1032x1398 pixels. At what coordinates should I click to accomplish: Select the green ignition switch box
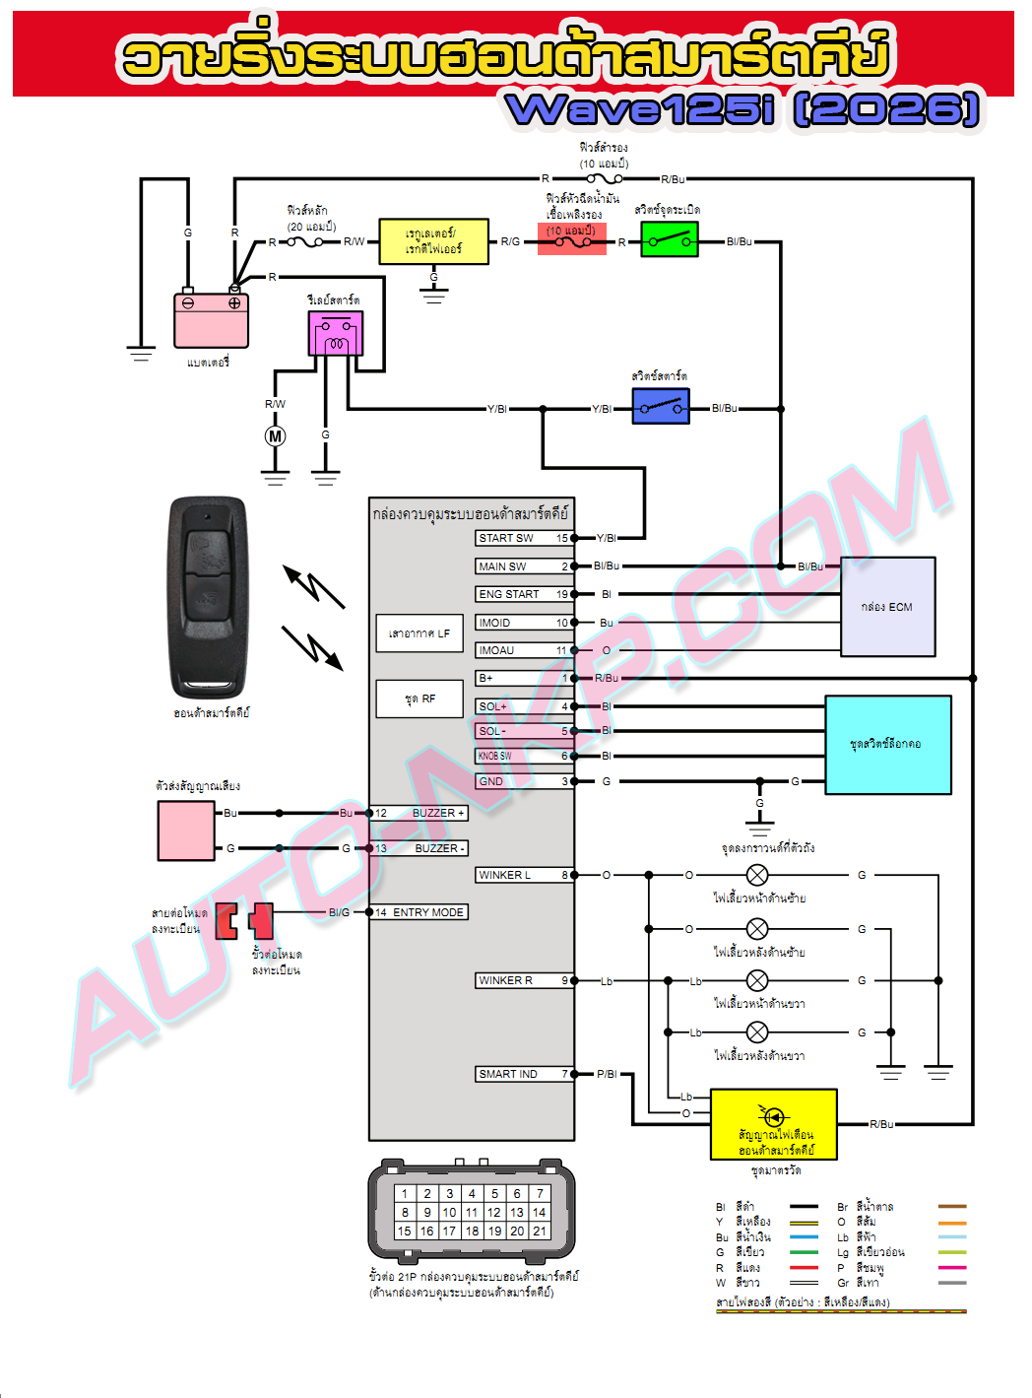point(669,239)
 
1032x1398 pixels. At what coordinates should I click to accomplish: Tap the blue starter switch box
point(660,406)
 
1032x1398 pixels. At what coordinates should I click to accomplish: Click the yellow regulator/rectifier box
point(433,241)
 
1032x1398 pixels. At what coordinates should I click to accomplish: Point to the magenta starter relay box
point(336,334)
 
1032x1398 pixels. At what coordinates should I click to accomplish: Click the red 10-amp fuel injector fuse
point(571,238)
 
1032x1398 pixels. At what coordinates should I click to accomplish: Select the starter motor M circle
point(276,436)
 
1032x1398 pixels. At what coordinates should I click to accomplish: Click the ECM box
point(887,607)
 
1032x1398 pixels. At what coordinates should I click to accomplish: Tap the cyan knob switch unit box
point(887,745)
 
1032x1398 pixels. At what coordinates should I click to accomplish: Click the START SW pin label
point(506,538)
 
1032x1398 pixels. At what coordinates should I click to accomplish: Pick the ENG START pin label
point(509,594)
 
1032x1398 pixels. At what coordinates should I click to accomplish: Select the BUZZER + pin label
point(438,813)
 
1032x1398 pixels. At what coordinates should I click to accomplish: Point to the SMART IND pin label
point(508,1074)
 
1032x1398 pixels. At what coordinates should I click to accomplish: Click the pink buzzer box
point(186,831)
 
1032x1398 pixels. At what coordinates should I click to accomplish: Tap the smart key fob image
point(208,597)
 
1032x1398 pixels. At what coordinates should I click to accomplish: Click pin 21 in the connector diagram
point(539,1231)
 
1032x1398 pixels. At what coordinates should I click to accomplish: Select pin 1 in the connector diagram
point(405,1193)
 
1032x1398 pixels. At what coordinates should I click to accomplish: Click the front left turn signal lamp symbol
point(757,875)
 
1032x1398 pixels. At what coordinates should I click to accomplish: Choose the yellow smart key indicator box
point(774,1124)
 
